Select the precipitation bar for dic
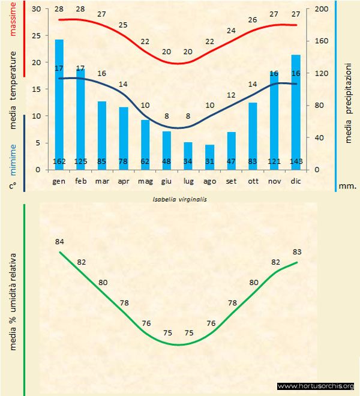click(296, 112)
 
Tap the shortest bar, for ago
click(209, 157)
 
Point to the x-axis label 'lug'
click(188, 180)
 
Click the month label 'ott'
click(253, 180)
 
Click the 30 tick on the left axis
click(35, 10)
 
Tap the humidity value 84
click(59, 242)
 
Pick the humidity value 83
click(296, 251)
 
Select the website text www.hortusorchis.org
click(316, 386)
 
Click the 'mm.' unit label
click(347, 186)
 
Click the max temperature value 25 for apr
click(124, 25)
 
